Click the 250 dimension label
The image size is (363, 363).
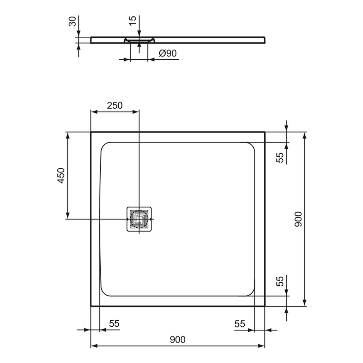pyautogui.click(x=114, y=105)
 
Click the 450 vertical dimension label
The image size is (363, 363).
pyautogui.click(x=61, y=176)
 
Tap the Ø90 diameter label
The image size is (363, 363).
pyautogui.click(x=167, y=53)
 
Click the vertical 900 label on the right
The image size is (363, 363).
pyautogui.click(x=299, y=219)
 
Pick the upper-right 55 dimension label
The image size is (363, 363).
pyautogui.click(x=280, y=158)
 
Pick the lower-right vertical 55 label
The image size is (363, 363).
pyautogui.click(x=280, y=281)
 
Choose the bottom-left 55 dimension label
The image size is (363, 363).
pyautogui.click(x=114, y=324)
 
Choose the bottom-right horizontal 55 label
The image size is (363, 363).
pyautogui.click(x=240, y=324)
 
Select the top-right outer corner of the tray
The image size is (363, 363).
pyautogui.click(x=265, y=132)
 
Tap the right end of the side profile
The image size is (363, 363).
pyautogui.click(x=265, y=39)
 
